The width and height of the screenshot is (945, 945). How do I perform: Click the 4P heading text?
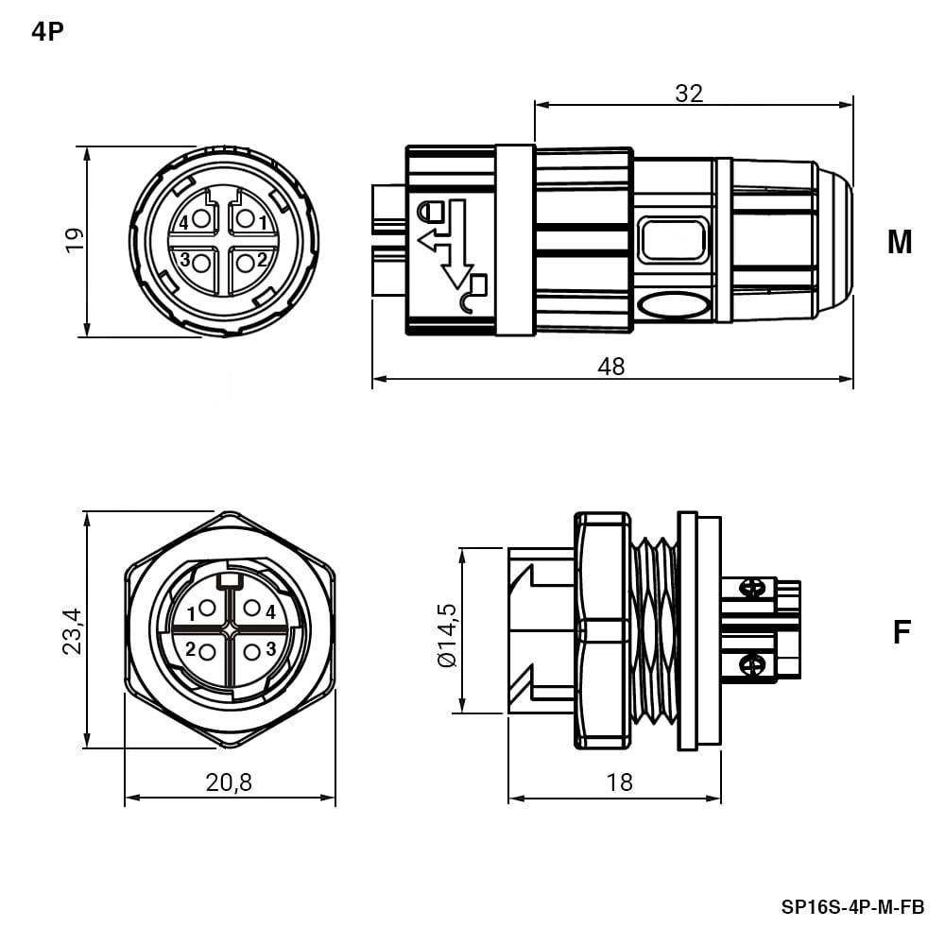(47, 31)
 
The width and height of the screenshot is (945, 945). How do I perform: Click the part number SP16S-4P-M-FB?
(852, 907)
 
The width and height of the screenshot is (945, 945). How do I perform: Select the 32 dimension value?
(689, 94)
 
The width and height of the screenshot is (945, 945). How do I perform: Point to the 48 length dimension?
(611, 367)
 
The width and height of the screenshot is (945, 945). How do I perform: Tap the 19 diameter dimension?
(75, 241)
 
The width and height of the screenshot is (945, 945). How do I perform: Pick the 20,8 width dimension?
(229, 782)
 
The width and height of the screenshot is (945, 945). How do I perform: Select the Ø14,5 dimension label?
(448, 634)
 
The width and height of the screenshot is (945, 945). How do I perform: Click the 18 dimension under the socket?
(620, 782)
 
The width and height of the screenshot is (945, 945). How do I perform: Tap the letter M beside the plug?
(900, 242)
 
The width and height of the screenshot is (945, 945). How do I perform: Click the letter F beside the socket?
(901, 632)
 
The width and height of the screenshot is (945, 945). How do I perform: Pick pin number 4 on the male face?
(183, 223)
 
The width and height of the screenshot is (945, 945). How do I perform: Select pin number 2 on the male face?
(262, 260)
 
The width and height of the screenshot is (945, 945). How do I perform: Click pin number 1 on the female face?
(191, 614)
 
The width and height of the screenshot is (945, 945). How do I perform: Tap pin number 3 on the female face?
(270, 648)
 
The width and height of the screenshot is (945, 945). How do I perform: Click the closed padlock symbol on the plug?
(431, 211)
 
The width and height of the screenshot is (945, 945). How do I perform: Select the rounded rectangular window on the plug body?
(673, 240)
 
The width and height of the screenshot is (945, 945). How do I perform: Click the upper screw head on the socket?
(753, 587)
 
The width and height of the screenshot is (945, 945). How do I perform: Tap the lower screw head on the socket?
(753, 664)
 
